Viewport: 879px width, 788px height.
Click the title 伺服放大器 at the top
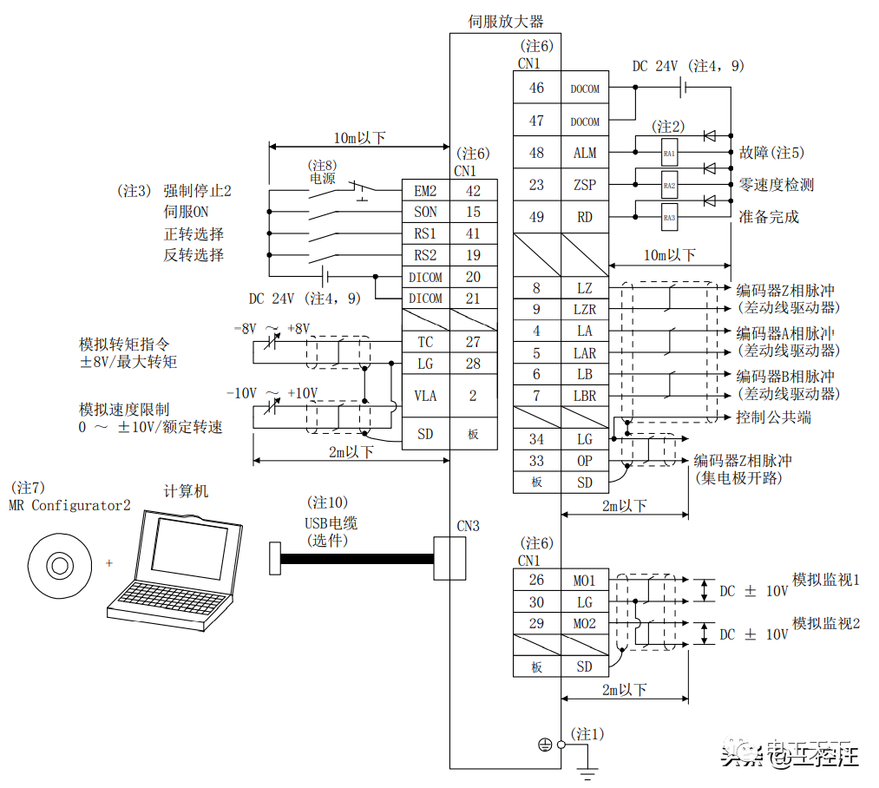tap(506, 22)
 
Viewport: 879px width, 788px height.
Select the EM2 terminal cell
tap(425, 190)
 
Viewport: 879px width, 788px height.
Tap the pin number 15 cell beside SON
tap(473, 212)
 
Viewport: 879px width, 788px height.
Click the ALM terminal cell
tap(585, 153)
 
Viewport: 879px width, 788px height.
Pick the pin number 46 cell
tap(537, 88)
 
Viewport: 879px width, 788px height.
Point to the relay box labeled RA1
tap(669, 153)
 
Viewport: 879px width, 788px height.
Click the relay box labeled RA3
tap(669, 217)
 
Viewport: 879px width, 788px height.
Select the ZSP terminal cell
tap(585, 185)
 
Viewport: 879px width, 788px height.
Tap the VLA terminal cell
tap(425, 396)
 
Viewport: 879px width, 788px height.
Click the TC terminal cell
tap(425, 342)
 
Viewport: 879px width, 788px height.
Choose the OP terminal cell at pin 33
tap(585, 461)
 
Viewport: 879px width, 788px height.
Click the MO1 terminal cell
tap(585, 580)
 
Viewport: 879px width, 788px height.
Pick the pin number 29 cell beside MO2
tap(537, 623)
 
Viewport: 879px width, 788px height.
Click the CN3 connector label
tap(468, 526)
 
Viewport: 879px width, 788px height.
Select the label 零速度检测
tap(776, 185)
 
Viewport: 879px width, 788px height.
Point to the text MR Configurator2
tap(69, 505)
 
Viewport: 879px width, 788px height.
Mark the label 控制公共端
tap(774, 417)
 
